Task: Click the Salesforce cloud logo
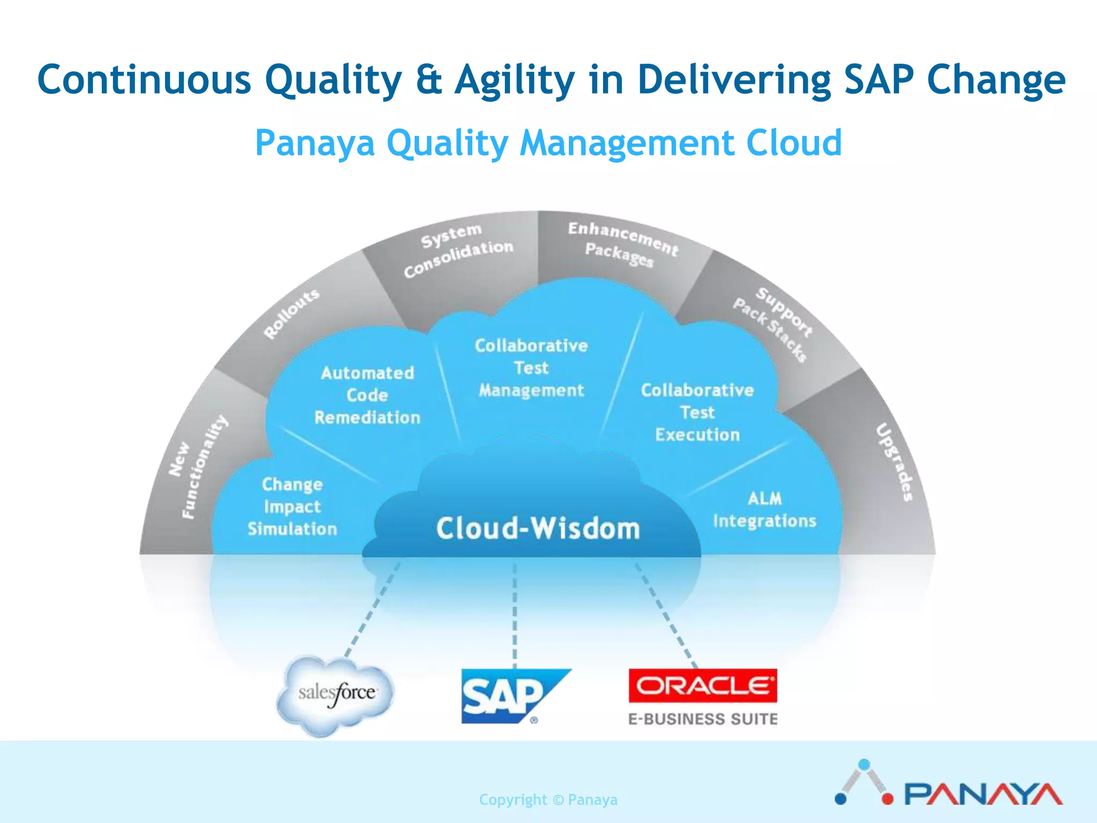pyautogui.click(x=336, y=694)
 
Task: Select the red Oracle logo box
pyautogui.click(x=702, y=685)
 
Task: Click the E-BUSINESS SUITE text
pyautogui.click(x=702, y=719)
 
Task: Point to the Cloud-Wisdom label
pyautogui.click(x=538, y=528)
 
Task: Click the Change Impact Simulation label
pyautogui.click(x=292, y=507)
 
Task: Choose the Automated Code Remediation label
pyautogui.click(x=367, y=395)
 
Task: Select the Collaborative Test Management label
pyautogui.click(x=531, y=368)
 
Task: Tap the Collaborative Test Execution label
pyautogui.click(x=697, y=413)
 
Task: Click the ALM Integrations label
pyautogui.click(x=764, y=510)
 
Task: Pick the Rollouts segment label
pyautogui.click(x=292, y=313)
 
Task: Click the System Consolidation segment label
pyautogui.click(x=458, y=250)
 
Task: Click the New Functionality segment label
pyautogui.click(x=197, y=466)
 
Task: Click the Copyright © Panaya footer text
pyautogui.click(x=548, y=800)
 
